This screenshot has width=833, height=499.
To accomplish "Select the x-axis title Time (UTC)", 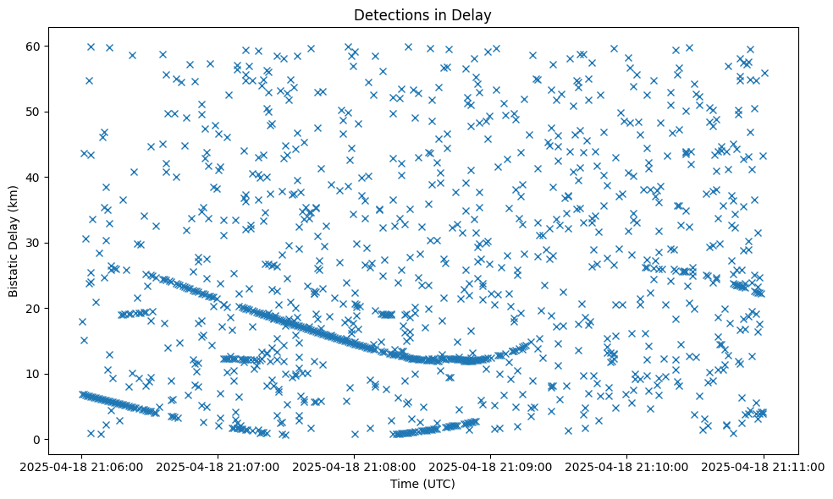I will click(x=422, y=484).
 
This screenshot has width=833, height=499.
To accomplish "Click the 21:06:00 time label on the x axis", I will click(x=82, y=465).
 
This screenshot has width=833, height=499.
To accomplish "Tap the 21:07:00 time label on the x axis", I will click(x=218, y=465).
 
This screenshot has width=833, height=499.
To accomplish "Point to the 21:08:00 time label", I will click(x=355, y=465).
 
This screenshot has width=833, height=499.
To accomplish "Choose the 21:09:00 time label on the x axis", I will click(x=491, y=465).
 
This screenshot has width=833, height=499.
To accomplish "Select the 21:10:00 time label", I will click(x=627, y=465).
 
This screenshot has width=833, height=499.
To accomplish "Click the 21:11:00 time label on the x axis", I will click(x=764, y=465).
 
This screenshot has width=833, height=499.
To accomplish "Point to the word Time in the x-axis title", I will click(x=403, y=484).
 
